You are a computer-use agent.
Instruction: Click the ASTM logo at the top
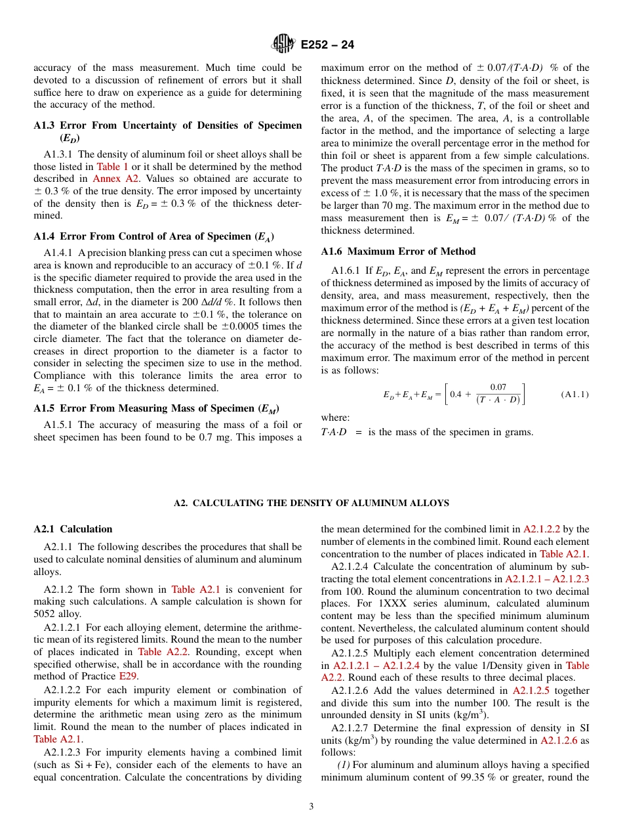[283, 44]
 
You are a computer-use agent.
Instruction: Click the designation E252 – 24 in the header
[327, 45]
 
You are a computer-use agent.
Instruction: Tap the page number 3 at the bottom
[311, 806]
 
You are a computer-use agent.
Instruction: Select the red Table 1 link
[112, 167]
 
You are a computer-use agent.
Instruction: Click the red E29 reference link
[127, 676]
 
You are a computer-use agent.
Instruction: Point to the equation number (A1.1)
[574, 395]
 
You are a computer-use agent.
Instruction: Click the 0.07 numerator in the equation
[498, 388]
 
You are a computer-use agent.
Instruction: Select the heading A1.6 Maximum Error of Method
[398, 251]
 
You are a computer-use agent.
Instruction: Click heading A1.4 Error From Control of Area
[153, 236]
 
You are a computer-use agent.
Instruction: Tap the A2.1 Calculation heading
[73, 529]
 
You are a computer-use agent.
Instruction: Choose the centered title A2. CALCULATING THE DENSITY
[311, 503]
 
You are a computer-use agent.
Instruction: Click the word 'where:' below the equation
[335, 417]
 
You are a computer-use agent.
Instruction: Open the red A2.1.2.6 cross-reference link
[562, 740]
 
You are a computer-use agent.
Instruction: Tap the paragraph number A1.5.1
[59, 425]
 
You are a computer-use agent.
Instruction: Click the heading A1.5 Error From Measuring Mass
[151, 408]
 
